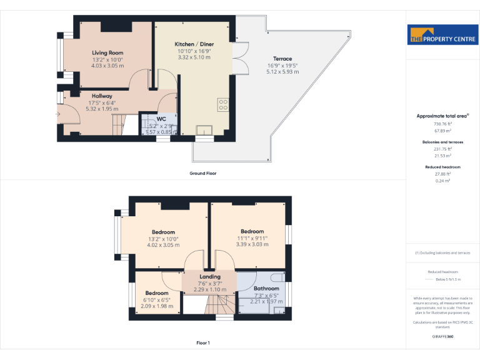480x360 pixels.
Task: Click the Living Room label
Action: (x=107, y=53)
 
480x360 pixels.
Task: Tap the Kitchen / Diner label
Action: (x=194, y=44)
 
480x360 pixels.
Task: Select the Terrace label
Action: (x=282, y=59)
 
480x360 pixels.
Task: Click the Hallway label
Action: (x=101, y=96)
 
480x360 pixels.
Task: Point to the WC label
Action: (x=161, y=119)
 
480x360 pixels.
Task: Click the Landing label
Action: (x=209, y=276)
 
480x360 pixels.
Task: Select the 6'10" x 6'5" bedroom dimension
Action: (x=157, y=299)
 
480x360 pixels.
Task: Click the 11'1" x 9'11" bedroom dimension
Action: (x=252, y=237)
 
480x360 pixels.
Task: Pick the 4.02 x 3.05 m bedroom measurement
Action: (x=163, y=244)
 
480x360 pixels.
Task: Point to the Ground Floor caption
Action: (x=203, y=173)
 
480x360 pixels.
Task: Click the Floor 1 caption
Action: (x=203, y=342)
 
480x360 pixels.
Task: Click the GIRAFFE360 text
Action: (x=442, y=336)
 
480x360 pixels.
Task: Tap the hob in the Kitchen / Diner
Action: (x=222, y=104)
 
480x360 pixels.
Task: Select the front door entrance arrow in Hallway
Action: (x=57, y=114)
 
